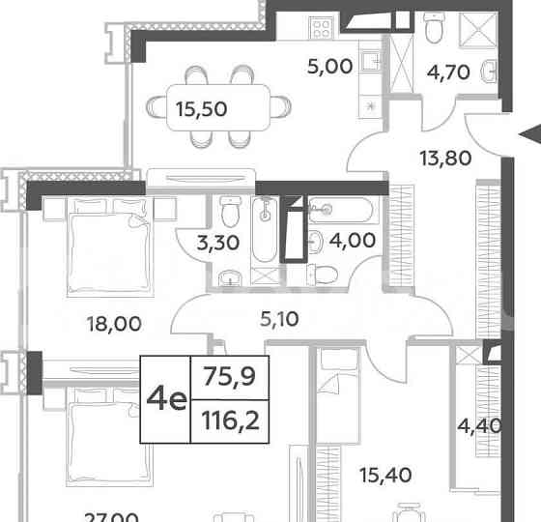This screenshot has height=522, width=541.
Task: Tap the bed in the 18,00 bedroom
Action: click(97, 245)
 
